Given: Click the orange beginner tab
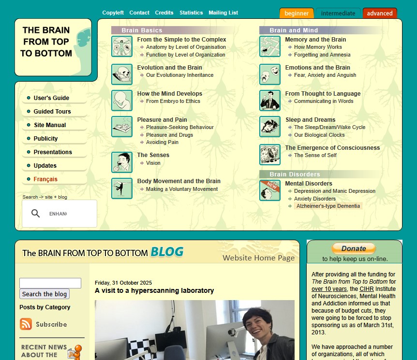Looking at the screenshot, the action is (x=297, y=13).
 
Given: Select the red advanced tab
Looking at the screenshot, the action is (x=380, y=13).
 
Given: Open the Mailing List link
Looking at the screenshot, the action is (x=223, y=13).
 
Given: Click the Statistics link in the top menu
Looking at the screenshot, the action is (x=191, y=13).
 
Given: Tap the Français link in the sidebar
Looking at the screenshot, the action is (x=45, y=179).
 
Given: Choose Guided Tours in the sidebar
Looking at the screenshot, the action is (x=52, y=111).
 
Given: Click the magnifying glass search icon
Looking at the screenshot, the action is (x=35, y=214).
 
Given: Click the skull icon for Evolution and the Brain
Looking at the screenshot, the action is (x=122, y=74).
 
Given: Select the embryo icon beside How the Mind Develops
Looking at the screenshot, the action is (x=122, y=101).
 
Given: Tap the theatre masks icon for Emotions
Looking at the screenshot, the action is (x=270, y=74).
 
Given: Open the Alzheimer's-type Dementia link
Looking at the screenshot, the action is (x=328, y=206).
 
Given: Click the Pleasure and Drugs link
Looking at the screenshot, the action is (x=169, y=135).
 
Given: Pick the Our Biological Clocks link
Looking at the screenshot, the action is (x=319, y=135).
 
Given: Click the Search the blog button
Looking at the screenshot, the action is (x=45, y=294).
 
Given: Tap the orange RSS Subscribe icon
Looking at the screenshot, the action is (x=26, y=324).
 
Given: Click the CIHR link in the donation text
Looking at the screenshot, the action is (x=367, y=289).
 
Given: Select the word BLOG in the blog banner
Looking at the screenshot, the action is (x=167, y=252).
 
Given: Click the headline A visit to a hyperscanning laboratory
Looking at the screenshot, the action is (x=154, y=290).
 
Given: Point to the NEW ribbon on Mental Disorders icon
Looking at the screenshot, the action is (x=271, y=185).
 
